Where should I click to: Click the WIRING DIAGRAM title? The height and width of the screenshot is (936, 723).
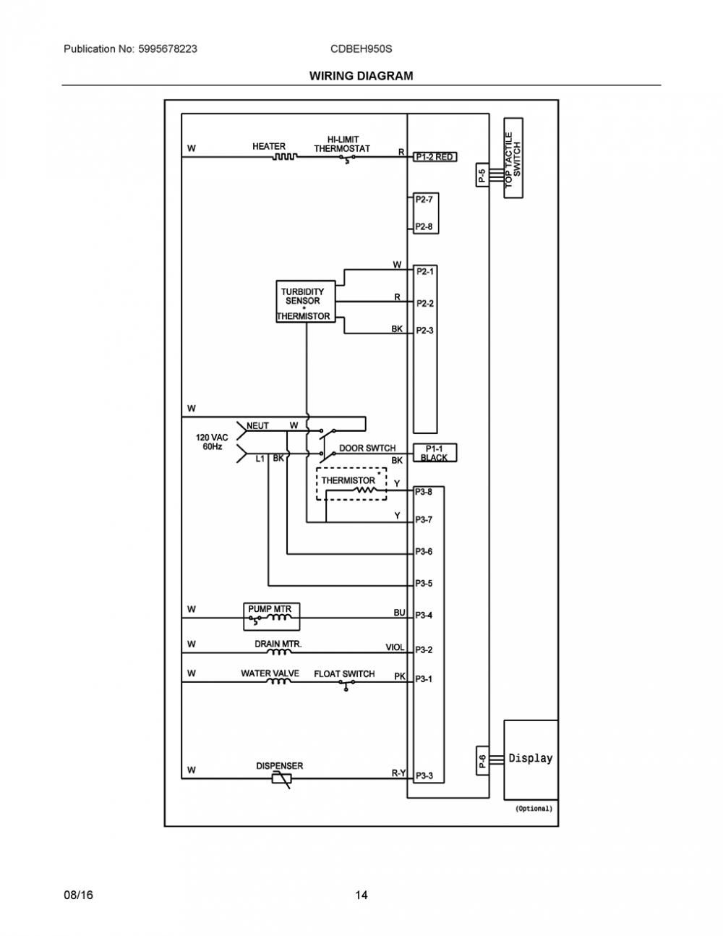point(361,76)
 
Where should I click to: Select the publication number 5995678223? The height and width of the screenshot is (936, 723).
point(168,48)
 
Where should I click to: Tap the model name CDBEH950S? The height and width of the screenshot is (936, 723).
point(361,48)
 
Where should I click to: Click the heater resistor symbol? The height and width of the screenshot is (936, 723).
point(284,156)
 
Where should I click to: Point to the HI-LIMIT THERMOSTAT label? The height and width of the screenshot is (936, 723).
point(342,144)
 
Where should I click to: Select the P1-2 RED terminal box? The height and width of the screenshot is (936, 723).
point(435,157)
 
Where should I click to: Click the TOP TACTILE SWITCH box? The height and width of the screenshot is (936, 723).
point(513,158)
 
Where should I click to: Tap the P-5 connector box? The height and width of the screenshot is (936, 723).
point(482,175)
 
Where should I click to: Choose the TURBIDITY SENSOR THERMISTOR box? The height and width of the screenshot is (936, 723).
point(306,302)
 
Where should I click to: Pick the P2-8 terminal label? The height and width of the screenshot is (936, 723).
point(424,226)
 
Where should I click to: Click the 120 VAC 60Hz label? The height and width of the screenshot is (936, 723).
point(212,442)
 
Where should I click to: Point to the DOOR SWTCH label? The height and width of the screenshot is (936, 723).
point(367,448)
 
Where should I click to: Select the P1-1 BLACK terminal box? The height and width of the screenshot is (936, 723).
point(435,453)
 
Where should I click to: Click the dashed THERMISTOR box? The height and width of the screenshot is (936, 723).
point(351,484)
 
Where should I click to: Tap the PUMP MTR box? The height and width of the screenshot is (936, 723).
point(272,616)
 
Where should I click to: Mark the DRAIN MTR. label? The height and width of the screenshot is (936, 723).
point(278,644)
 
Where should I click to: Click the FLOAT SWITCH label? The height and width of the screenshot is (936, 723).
point(344,673)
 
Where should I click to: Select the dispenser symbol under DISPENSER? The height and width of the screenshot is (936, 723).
point(282,779)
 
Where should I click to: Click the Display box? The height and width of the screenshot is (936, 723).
point(531,760)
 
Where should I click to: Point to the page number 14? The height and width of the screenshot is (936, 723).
point(361,895)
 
